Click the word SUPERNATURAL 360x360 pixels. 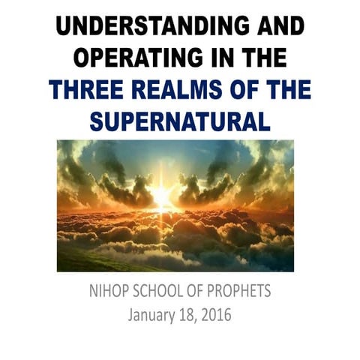[x=180, y=122]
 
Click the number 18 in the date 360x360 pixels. [x=187, y=314]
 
